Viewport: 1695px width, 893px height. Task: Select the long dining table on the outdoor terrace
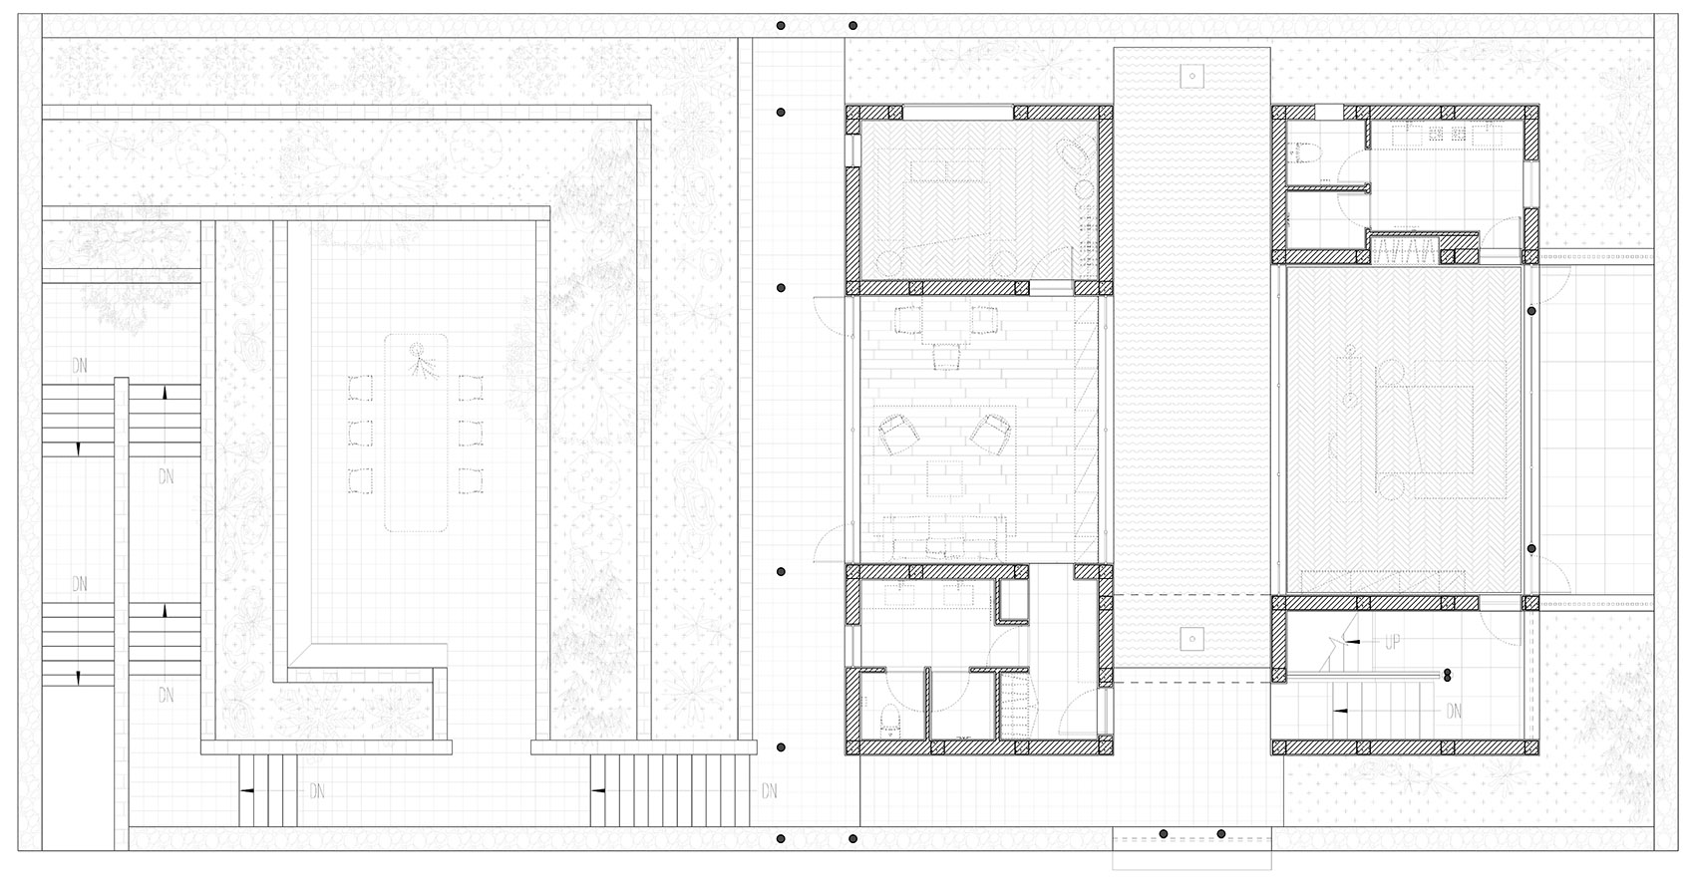[x=418, y=433]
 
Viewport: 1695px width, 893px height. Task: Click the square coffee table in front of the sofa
[x=946, y=479]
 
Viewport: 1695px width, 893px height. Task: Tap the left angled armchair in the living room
[x=900, y=434]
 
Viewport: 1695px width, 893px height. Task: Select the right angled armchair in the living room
[x=991, y=434]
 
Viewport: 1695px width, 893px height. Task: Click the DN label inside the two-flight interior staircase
[x=1455, y=711]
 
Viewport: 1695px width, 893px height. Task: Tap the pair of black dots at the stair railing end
[x=1445, y=675]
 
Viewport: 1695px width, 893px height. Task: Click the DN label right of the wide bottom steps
[x=769, y=791]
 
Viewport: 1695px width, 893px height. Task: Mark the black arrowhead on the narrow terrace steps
[x=244, y=791]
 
